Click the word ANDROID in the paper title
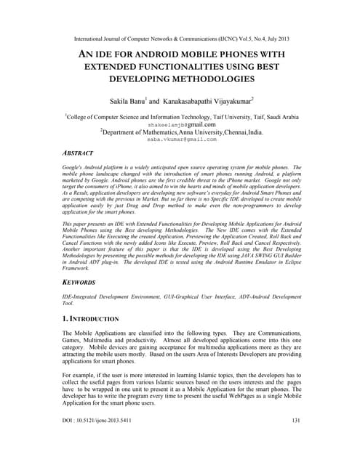point(140,54)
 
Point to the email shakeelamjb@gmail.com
point(180,124)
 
